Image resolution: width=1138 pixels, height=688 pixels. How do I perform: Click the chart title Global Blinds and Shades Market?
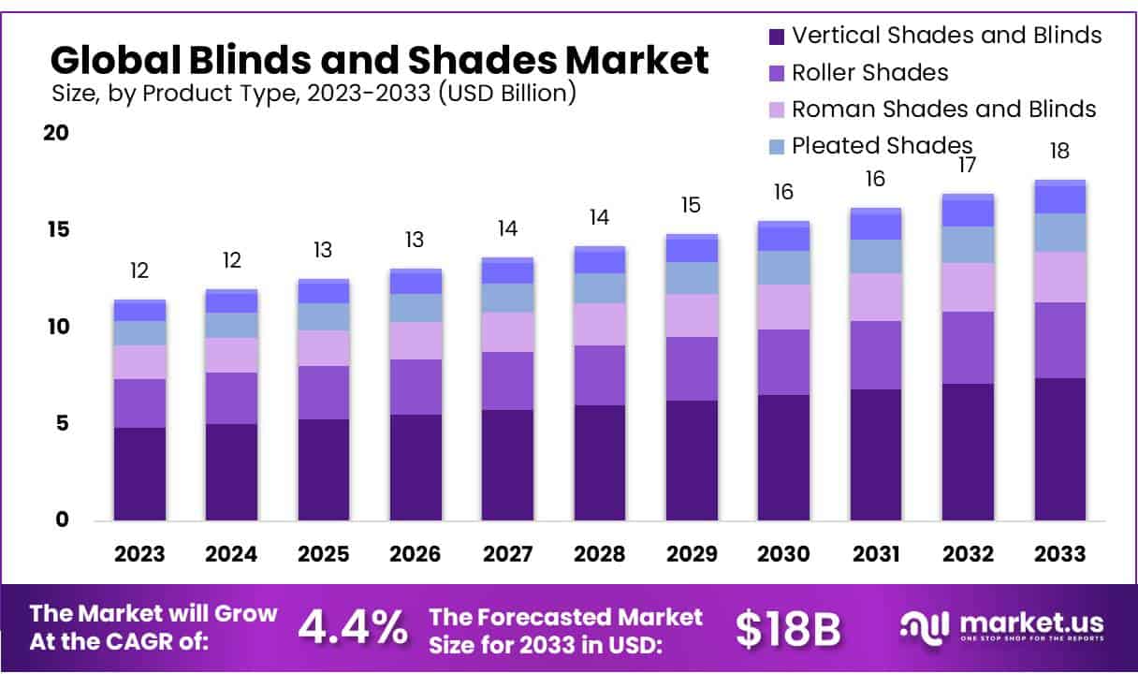pyautogui.click(x=379, y=60)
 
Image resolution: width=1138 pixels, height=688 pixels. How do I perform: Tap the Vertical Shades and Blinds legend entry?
pyautogui.click(x=945, y=36)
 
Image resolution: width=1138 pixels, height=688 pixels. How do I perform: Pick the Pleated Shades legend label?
pyautogui.click(x=882, y=146)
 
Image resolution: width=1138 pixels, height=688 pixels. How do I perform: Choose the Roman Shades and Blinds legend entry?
pyautogui.click(x=942, y=110)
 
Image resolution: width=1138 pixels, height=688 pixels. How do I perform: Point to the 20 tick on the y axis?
pyautogui.click(x=56, y=133)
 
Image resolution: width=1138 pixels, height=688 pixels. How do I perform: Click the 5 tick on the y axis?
pyautogui.click(x=62, y=423)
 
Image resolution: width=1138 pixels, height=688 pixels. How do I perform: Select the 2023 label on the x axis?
pyautogui.click(x=139, y=554)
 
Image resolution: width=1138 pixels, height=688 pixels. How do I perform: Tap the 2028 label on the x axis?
pyautogui.click(x=600, y=554)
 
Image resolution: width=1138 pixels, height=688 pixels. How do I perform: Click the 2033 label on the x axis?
pyautogui.click(x=1060, y=554)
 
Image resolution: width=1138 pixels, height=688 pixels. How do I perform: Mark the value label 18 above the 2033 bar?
pyautogui.click(x=1060, y=152)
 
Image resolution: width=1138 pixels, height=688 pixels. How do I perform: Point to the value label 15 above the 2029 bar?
pyautogui.click(x=692, y=206)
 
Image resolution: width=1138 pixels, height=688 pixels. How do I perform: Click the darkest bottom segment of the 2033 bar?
pyautogui.click(x=1060, y=449)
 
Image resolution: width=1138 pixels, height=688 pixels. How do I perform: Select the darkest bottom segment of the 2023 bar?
pyautogui.click(x=139, y=474)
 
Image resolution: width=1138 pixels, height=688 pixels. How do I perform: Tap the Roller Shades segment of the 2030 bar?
pyautogui.click(x=783, y=362)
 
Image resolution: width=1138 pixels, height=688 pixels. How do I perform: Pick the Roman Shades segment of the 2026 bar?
pyautogui.click(x=416, y=341)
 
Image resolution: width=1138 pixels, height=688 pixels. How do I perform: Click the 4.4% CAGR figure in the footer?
pyautogui.click(x=352, y=628)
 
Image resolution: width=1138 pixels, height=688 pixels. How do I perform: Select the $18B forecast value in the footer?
pyautogui.click(x=787, y=629)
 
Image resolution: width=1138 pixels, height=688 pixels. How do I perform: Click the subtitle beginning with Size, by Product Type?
pyautogui.click(x=313, y=94)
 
